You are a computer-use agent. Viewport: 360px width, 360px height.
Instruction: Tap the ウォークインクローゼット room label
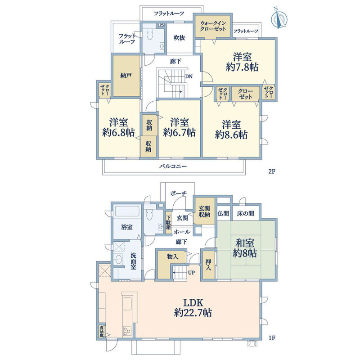pos(213,26)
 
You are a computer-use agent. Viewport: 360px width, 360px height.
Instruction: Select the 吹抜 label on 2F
pos(179,38)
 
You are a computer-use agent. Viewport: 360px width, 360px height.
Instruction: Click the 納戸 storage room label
pos(126,76)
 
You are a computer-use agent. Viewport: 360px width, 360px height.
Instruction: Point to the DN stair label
pos(189,76)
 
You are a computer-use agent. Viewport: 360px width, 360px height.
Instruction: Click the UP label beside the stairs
pos(191,273)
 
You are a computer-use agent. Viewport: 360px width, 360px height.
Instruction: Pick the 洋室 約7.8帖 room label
pos(242,62)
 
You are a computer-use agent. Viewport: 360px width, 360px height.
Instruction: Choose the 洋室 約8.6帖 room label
pos(231,130)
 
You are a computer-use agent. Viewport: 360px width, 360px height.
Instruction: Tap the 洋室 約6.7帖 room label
pos(179,127)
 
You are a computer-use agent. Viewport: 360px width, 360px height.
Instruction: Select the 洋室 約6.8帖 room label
pos(118,127)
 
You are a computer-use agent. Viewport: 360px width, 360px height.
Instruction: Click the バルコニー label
pos(173,166)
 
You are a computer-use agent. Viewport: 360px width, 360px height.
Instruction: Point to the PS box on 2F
pos(162,25)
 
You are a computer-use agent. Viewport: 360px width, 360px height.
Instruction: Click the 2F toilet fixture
pos(150,35)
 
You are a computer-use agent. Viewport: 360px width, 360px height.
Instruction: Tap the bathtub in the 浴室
pos(127,211)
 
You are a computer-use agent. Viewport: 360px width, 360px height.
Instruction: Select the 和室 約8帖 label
pos(245,248)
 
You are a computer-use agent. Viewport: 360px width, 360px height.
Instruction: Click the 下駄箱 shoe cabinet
pos(168,222)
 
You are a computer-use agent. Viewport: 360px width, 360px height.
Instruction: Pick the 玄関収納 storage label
pos(204,211)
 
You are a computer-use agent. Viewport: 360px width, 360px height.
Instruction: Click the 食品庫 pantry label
pos(101,332)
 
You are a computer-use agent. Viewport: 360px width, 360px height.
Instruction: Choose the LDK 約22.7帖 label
pos(193,308)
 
